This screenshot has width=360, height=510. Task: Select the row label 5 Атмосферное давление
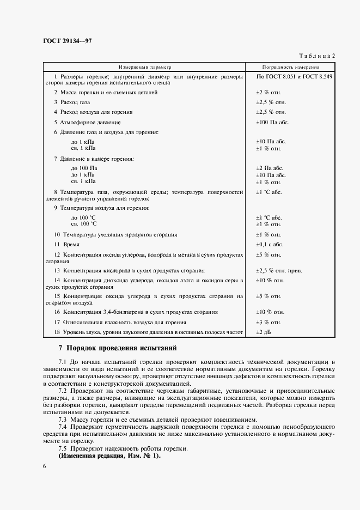point(87,123)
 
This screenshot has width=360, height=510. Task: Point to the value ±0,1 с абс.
point(270,245)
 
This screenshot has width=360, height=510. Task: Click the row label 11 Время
point(66,245)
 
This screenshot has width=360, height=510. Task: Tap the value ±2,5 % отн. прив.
point(279,270)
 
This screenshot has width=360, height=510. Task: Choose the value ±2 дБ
point(263,332)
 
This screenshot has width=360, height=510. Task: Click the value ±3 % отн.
point(269,322)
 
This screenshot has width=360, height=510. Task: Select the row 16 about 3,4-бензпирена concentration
point(136,312)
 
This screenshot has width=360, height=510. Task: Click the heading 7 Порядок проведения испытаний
point(117,348)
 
